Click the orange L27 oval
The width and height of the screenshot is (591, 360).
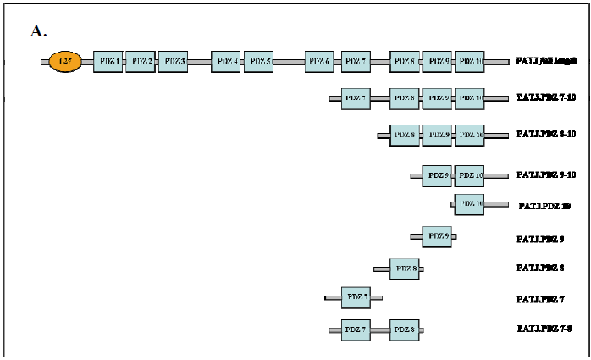tap(65, 61)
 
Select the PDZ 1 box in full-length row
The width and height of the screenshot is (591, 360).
tap(108, 61)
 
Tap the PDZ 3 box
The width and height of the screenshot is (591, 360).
tap(173, 61)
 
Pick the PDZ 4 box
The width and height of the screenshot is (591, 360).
tap(226, 61)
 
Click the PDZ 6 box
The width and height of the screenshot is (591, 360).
tap(319, 61)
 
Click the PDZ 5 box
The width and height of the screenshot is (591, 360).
tap(258, 61)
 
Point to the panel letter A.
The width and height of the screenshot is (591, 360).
tap(38, 31)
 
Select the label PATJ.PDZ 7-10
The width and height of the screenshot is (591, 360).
tap(546, 98)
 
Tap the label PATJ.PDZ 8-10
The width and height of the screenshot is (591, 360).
tap(546, 135)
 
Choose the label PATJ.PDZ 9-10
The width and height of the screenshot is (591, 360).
tap(546, 175)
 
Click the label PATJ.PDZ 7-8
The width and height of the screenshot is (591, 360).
tap(544, 328)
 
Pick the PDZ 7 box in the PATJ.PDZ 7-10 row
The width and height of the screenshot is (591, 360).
tap(356, 98)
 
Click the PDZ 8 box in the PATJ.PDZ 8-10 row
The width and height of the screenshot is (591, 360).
tap(405, 135)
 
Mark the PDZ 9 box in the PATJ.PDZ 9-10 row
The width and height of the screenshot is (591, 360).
tap(437, 175)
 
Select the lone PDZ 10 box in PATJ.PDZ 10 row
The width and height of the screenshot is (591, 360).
tap(469, 204)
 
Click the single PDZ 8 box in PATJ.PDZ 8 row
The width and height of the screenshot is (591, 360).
tap(405, 269)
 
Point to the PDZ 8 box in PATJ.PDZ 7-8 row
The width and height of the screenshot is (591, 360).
tap(405, 329)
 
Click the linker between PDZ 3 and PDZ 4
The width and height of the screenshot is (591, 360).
tap(199, 62)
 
